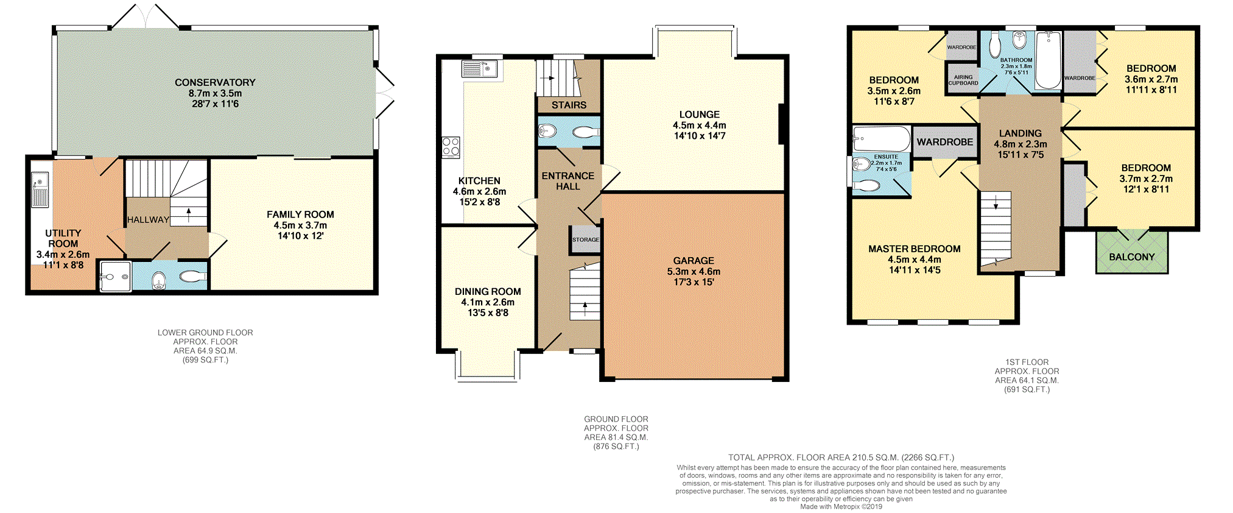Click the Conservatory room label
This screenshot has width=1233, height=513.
coord(215,82)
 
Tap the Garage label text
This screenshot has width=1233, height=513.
coord(694,260)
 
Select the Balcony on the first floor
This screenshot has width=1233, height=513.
coord(1132,252)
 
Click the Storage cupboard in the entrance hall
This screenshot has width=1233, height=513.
coord(585,239)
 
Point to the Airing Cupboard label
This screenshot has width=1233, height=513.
coord(963,80)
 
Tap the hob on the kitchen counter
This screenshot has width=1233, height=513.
coord(451,147)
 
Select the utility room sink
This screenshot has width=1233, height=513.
coord(40,189)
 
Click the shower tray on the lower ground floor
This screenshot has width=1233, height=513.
coord(115,277)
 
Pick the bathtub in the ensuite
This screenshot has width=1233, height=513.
coord(881,139)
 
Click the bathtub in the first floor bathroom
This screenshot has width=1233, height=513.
coord(1049,61)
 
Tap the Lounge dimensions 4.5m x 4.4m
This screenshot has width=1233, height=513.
coord(700,125)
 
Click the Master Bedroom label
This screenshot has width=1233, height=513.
coord(915,249)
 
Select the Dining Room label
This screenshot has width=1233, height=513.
coord(488,291)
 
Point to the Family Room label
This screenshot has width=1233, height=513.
coord(300,214)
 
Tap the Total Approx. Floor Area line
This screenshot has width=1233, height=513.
coord(841,458)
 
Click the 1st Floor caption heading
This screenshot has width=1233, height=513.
coord(1027,362)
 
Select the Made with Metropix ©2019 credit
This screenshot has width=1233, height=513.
coord(841,507)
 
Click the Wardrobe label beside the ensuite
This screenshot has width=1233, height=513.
coord(945,142)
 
